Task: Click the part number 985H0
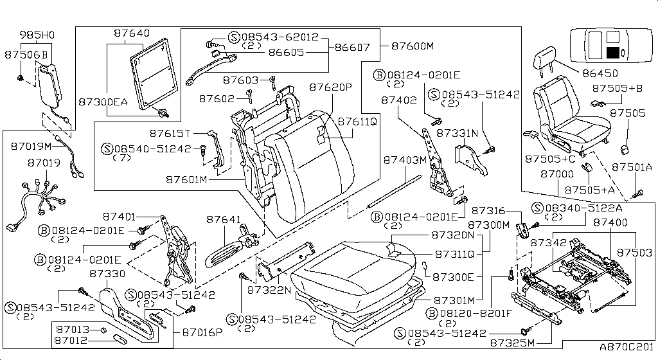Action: click(x=37, y=35)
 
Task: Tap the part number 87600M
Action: click(x=413, y=46)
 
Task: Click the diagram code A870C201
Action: click(x=627, y=346)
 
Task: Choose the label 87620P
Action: click(x=331, y=87)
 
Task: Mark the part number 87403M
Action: click(x=405, y=159)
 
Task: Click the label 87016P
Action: click(x=202, y=332)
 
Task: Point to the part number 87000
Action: click(x=557, y=174)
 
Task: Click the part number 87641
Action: click(x=224, y=219)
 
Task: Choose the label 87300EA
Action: click(x=103, y=102)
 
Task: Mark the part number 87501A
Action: click(x=632, y=166)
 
